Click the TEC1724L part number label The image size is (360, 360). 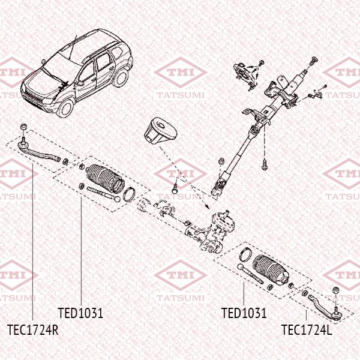click(x=307, y=329)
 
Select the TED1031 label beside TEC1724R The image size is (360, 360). click(x=80, y=313)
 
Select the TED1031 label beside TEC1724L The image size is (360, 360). click(x=244, y=313)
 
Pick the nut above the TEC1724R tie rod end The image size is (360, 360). click(x=22, y=125)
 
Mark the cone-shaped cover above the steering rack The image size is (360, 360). click(x=158, y=134)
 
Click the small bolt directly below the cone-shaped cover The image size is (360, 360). click(x=173, y=187)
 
